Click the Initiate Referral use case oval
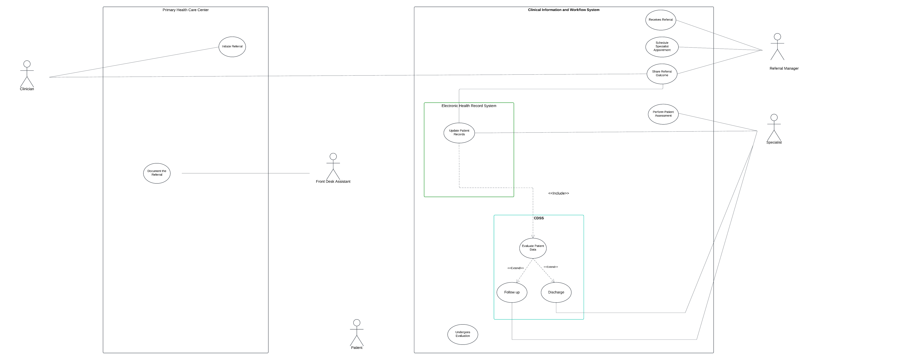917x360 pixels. [232, 47]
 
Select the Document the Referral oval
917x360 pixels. [157, 173]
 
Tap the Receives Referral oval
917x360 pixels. [661, 20]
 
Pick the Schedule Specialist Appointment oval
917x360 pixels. [662, 47]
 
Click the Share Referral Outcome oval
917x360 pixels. [662, 74]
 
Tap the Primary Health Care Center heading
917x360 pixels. [185, 10]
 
